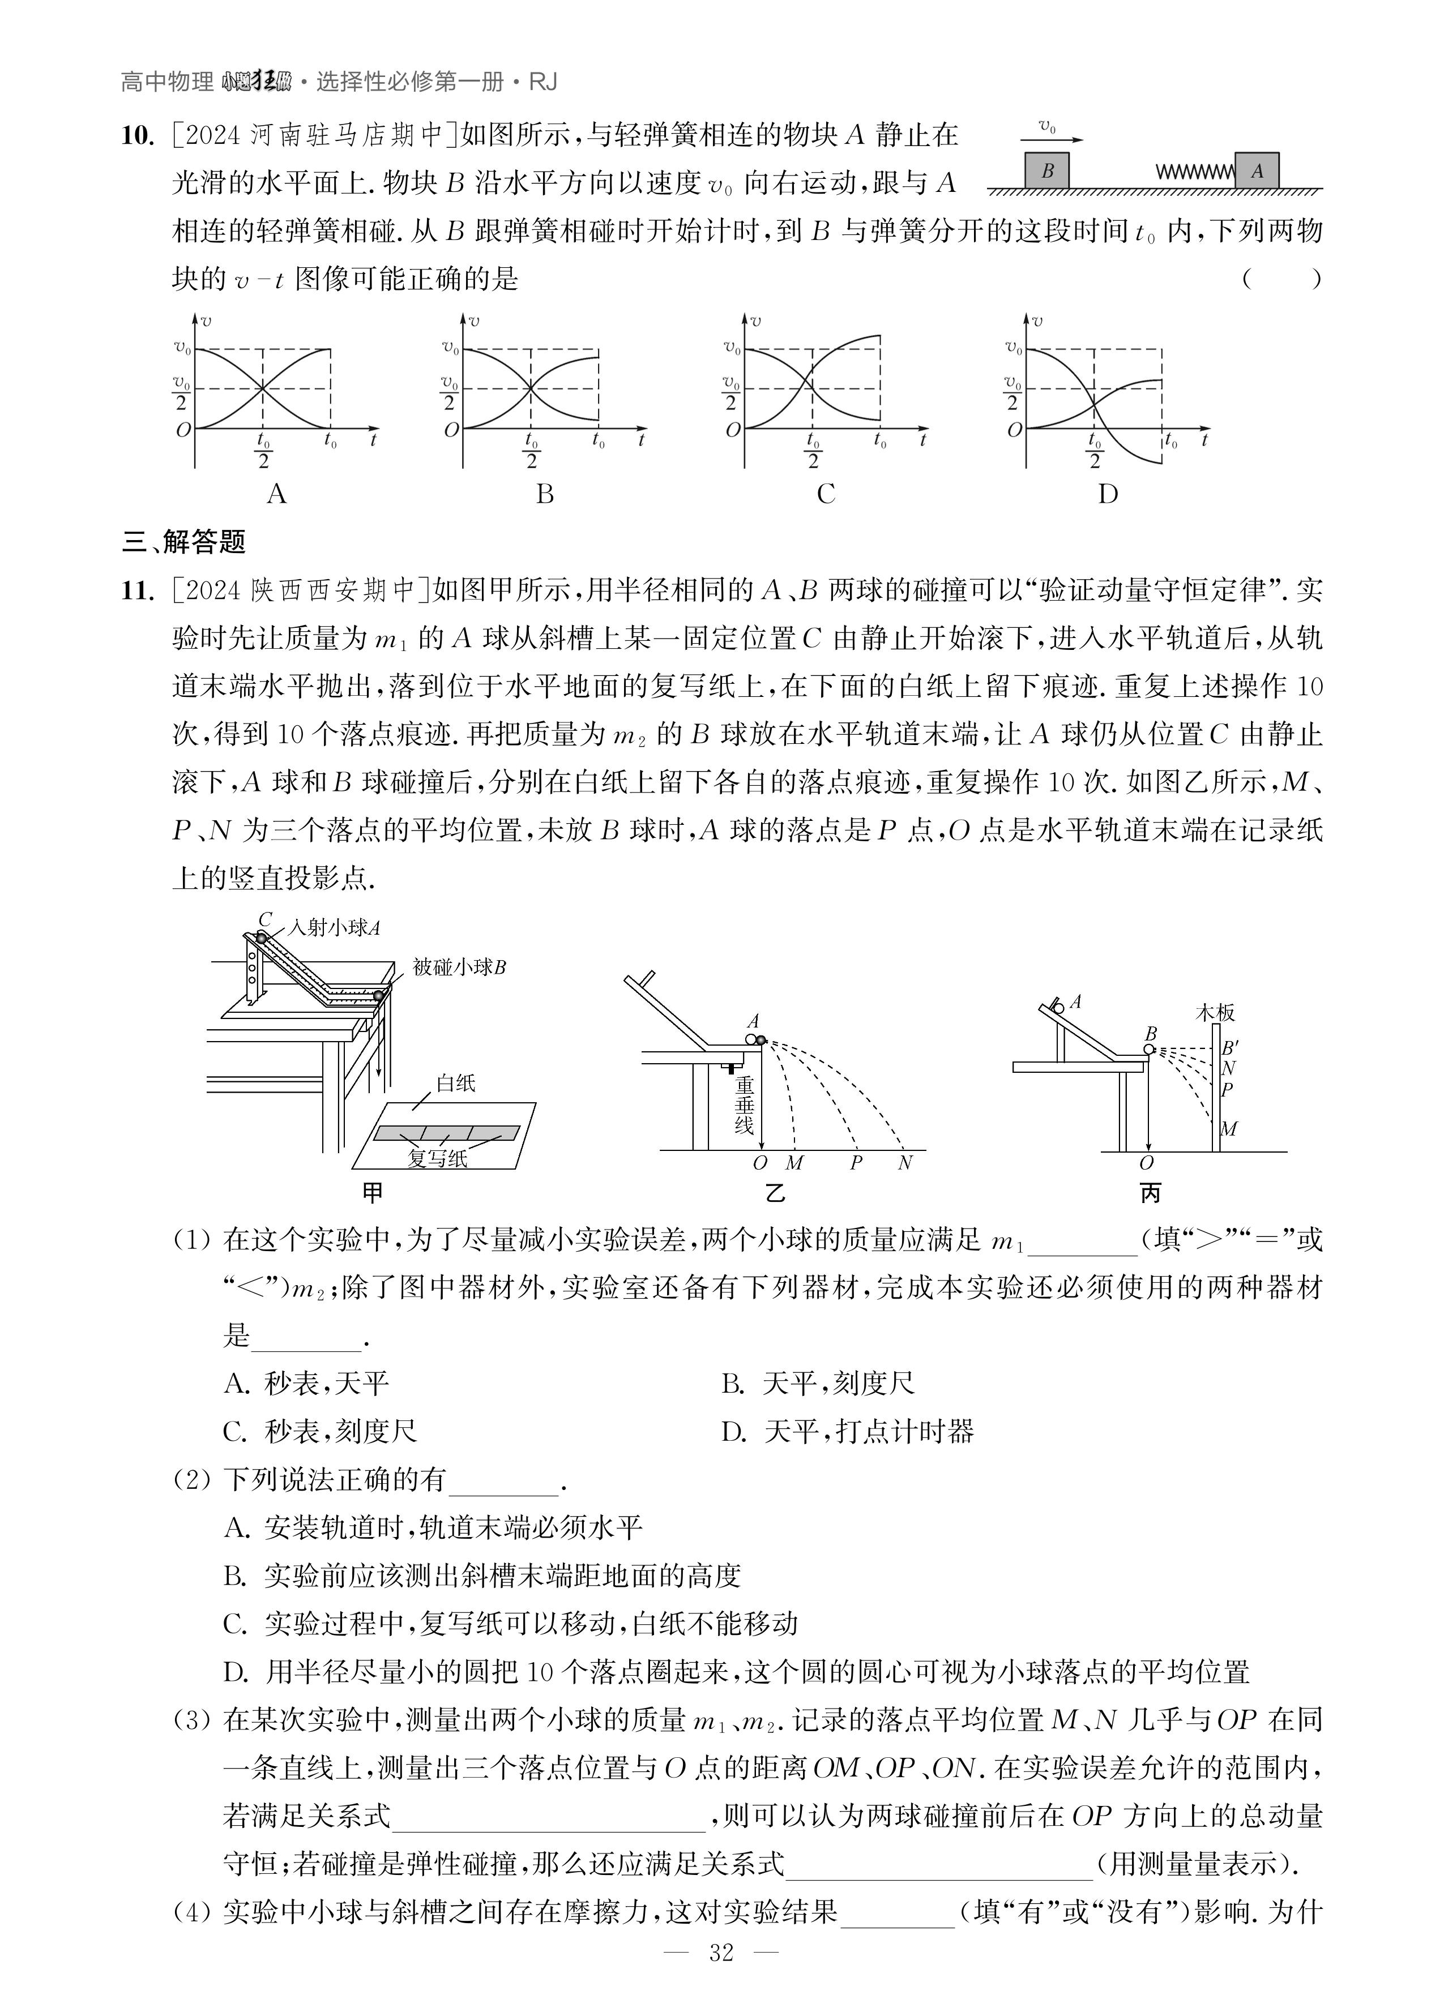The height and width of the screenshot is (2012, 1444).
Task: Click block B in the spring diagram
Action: pyautogui.click(x=1047, y=170)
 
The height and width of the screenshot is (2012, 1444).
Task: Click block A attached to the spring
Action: pyautogui.click(x=1257, y=170)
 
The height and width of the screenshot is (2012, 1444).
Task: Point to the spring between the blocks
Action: pyautogui.click(x=1195, y=171)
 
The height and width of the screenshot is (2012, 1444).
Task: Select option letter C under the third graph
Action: pyautogui.click(x=826, y=494)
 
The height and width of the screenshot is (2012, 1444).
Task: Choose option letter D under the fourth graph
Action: pyautogui.click(x=1108, y=494)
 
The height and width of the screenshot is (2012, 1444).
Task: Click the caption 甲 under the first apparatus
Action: pyautogui.click(x=373, y=1193)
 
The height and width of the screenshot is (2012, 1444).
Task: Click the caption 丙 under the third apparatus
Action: pyautogui.click(x=1150, y=1194)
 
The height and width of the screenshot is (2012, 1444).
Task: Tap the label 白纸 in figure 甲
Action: pyautogui.click(x=456, y=1083)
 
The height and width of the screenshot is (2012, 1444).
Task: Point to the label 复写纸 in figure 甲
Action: pyautogui.click(x=438, y=1159)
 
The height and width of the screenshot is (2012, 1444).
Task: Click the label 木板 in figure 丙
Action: pyautogui.click(x=1215, y=1012)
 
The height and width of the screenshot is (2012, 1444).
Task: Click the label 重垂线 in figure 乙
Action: pyautogui.click(x=744, y=1105)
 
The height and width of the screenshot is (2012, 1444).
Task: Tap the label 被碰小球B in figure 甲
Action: pyautogui.click(x=459, y=967)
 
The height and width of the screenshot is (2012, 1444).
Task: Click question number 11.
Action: pyautogui.click(x=138, y=590)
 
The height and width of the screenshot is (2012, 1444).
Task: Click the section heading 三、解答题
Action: pyautogui.click(x=183, y=542)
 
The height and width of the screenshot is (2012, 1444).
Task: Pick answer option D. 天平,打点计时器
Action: pyautogui.click(x=848, y=1431)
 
